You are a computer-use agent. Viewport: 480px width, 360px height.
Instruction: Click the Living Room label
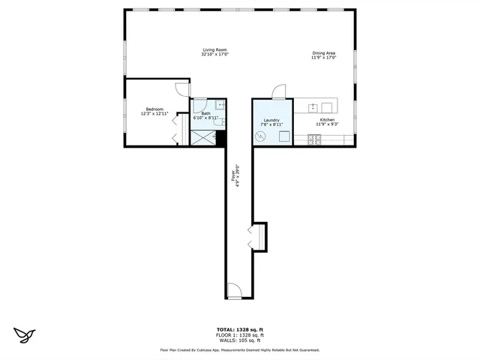coord(214,49)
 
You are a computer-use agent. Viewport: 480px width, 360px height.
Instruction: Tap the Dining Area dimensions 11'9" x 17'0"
coord(324,58)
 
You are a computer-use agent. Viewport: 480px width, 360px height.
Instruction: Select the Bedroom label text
coord(154,109)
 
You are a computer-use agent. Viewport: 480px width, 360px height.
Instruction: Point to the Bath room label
coord(205,113)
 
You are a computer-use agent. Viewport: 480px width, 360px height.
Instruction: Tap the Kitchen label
coord(327,119)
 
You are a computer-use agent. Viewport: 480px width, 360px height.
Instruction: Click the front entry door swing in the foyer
coord(234,289)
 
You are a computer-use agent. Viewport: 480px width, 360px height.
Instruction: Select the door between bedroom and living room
coord(183,88)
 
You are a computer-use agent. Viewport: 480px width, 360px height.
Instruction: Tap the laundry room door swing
coord(278,91)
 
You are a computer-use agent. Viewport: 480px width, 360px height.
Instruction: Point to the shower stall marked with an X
coord(202,138)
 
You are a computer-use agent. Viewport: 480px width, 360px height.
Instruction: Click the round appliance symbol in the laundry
coord(260,136)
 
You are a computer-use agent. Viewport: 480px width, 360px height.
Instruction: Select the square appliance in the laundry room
coord(284,136)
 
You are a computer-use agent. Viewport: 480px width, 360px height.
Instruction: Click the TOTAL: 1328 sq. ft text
coord(239,328)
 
